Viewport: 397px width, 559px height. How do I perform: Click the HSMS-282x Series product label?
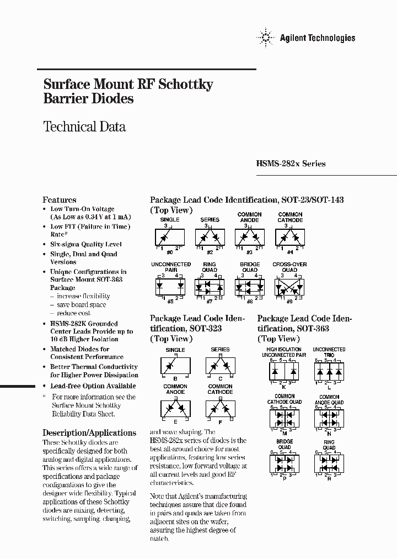tap(291, 164)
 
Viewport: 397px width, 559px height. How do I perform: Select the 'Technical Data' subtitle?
tap(84, 126)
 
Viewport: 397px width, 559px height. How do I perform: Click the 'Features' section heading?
tap(60, 200)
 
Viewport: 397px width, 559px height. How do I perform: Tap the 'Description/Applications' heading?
tap(89, 433)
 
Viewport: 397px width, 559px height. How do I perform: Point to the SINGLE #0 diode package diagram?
tap(170, 237)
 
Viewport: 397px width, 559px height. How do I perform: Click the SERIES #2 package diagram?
tap(210, 237)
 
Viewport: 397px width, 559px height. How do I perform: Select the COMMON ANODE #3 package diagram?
tap(249, 237)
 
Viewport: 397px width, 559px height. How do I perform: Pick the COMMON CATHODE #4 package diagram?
tap(290, 237)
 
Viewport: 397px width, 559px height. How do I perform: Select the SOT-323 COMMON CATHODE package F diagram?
tap(221, 409)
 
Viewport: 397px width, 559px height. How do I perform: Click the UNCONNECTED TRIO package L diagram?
tap(329, 371)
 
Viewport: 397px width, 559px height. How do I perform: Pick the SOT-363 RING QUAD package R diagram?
tap(329, 463)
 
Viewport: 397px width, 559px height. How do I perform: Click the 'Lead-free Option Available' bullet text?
tap(93, 386)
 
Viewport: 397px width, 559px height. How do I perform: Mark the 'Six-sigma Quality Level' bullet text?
tap(86, 244)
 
